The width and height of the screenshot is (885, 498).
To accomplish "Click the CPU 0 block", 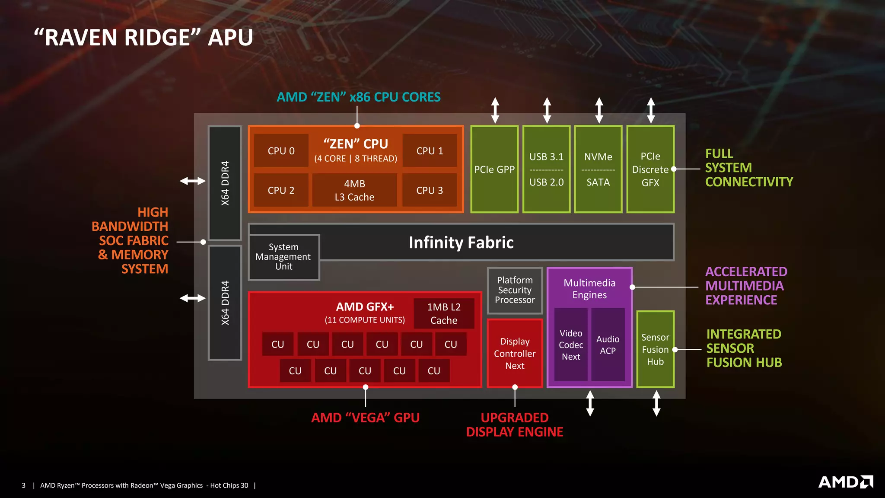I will tap(281, 151).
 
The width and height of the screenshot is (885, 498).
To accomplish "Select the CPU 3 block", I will tap(430, 190).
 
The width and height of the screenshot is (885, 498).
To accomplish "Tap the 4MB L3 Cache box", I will tap(354, 190).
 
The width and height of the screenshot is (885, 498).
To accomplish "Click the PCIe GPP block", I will tap(494, 169).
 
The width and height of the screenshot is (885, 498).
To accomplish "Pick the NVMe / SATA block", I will tap(598, 169).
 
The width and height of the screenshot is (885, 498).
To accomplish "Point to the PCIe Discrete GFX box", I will tap(650, 169).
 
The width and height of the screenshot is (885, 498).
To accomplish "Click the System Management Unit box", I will tap(283, 257).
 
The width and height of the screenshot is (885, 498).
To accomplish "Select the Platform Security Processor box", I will tap(515, 290).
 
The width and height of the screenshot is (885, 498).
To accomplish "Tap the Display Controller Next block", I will tap(515, 353).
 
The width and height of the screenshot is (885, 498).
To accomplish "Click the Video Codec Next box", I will tap(571, 345).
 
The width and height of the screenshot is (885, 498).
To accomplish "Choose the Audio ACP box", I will tap(608, 345).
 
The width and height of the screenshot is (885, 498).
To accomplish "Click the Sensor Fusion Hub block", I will tap(655, 349).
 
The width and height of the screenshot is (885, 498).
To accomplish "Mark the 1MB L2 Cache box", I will tap(444, 313).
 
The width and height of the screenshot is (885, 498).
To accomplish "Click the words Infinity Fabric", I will tap(461, 243).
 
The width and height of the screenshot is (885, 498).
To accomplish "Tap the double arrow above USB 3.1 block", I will tap(547, 110).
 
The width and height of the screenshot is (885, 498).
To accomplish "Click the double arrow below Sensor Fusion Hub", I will tap(656, 403).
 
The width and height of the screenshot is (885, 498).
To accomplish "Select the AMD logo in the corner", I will tap(845, 482).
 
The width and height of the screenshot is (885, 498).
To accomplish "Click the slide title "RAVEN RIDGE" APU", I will tap(143, 38).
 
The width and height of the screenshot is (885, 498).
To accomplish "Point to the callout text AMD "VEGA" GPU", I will tap(365, 418).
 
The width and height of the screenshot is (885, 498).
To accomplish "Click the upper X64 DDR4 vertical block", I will tap(225, 183).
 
